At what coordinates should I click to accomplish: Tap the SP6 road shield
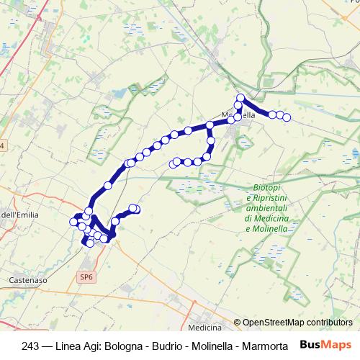click(x=86, y=277)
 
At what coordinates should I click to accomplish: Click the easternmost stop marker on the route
click(x=287, y=117)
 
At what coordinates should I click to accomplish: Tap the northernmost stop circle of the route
click(x=241, y=98)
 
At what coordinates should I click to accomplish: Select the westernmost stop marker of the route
click(x=73, y=222)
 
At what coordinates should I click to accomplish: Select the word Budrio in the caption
click(x=168, y=346)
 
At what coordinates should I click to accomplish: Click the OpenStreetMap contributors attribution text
click(x=297, y=323)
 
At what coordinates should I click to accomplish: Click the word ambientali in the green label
click(x=267, y=208)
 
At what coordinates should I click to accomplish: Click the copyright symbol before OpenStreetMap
click(x=237, y=323)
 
